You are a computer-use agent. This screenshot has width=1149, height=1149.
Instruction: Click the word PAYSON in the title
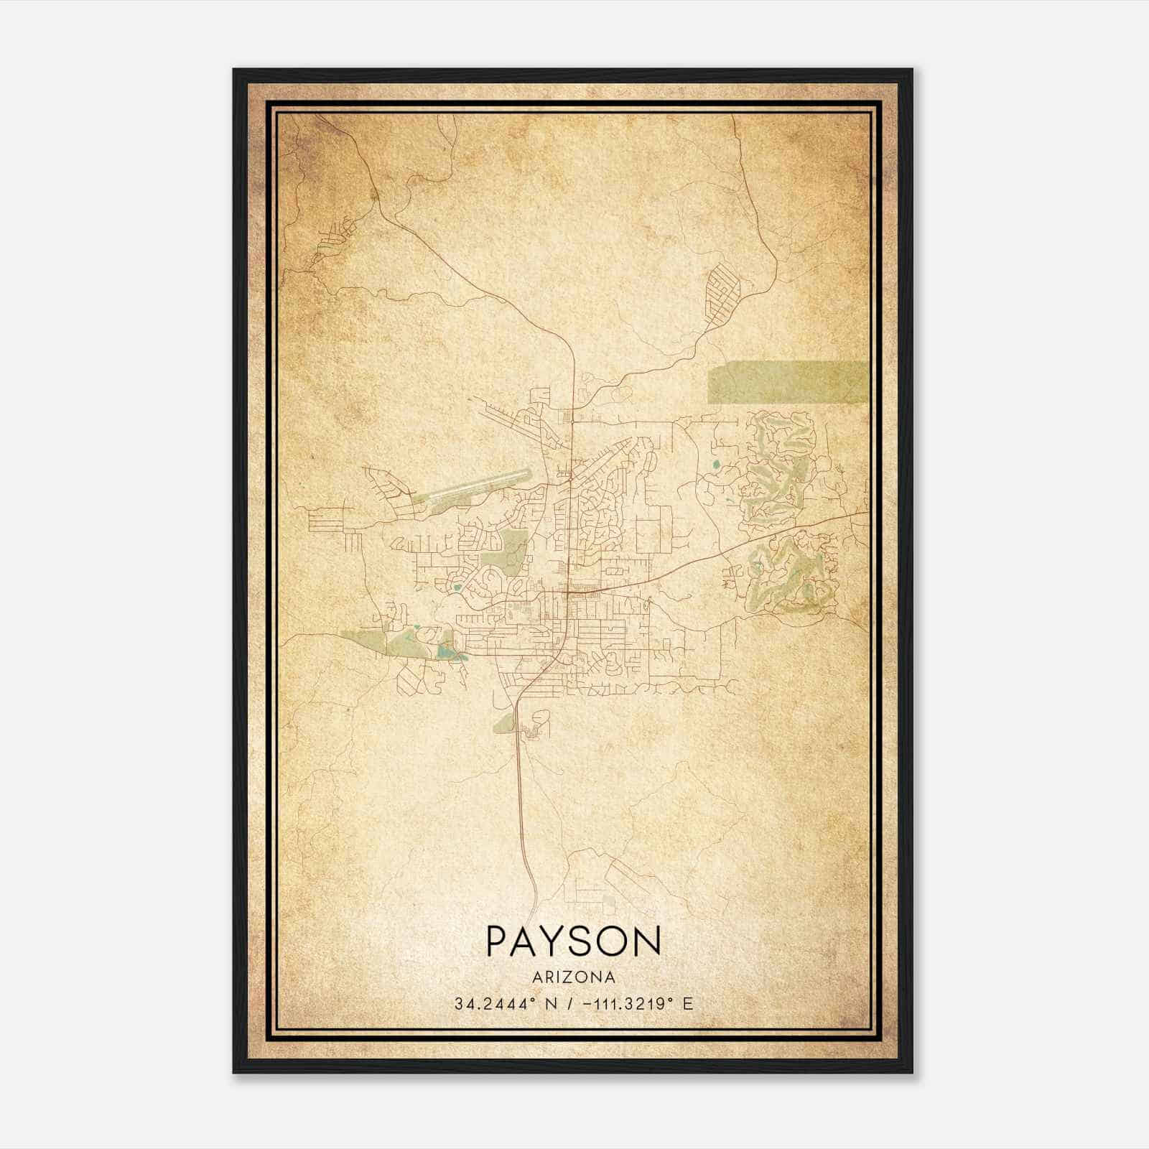(573, 941)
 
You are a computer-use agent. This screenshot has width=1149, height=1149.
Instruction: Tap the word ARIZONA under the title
(573, 977)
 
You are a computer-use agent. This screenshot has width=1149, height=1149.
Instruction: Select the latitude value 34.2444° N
(503, 1004)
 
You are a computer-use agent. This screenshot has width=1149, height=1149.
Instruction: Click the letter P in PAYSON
(498, 941)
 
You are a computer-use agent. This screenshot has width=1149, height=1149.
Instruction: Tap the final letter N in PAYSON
(646, 941)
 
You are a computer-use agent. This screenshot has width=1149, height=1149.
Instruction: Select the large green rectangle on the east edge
(786, 382)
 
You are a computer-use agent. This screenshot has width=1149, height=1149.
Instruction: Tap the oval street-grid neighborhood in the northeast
(722, 292)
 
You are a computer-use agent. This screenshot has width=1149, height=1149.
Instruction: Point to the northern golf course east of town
(779, 467)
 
